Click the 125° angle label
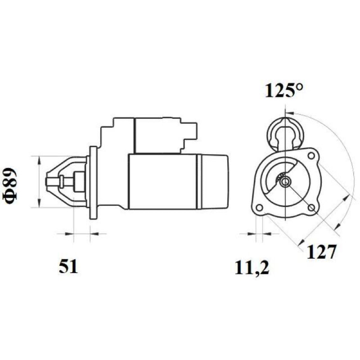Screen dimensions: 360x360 [284, 90]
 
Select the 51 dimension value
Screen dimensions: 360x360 [68, 267]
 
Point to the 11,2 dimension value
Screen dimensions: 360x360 [252, 268]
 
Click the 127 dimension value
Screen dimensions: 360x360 [321, 252]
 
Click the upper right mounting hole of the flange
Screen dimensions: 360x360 [311, 156]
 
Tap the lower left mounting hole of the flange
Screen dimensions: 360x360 [259, 208]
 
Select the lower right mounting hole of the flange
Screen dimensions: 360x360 [311, 208]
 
